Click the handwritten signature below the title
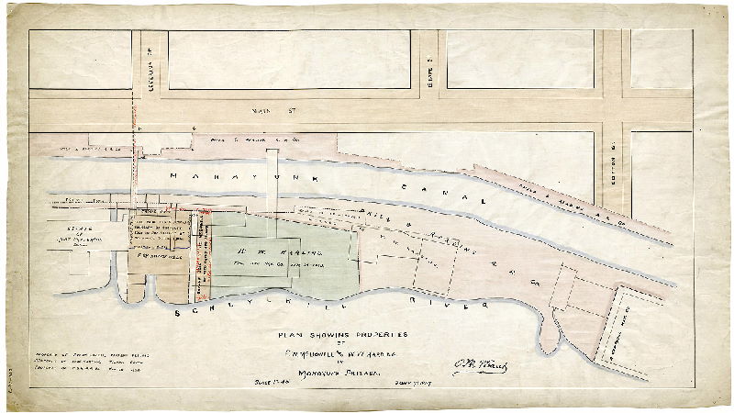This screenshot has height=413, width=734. (480, 368)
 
